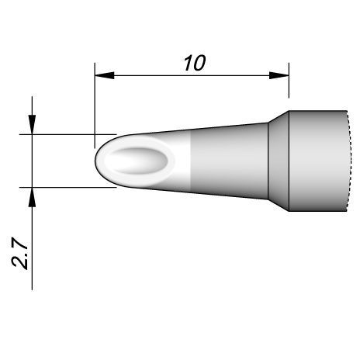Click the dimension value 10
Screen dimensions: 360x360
coord(194,62)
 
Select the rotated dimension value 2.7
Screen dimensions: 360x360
coord(21,253)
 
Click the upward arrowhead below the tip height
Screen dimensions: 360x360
coord(32,197)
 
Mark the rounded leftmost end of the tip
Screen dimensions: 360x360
coord(96,161)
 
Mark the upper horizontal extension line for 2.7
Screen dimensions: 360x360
coord(62,134)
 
